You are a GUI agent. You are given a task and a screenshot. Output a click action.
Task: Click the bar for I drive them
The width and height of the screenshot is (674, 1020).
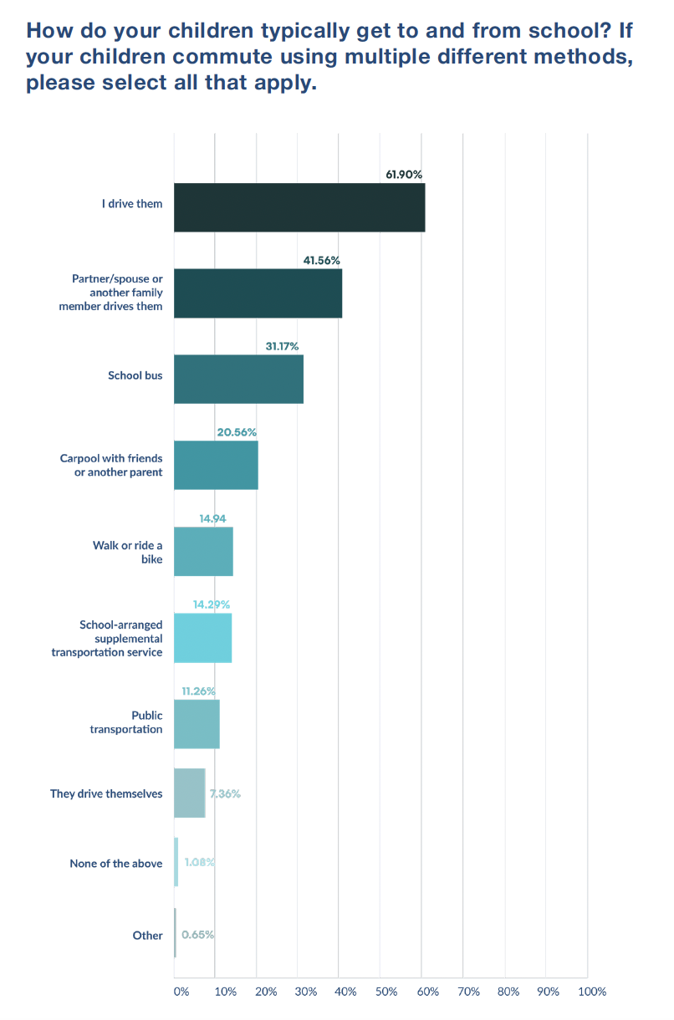pyautogui.click(x=299, y=207)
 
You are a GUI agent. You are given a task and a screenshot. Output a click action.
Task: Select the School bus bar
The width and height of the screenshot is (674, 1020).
pyautogui.click(x=238, y=380)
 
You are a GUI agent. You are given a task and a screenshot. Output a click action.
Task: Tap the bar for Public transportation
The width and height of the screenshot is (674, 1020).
pyautogui.click(x=197, y=724)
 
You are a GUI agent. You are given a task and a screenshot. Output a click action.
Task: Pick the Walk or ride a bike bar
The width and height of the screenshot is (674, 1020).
pyautogui.click(x=203, y=552)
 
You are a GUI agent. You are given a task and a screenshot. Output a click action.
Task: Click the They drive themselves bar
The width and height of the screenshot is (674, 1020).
pyautogui.click(x=189, y=793)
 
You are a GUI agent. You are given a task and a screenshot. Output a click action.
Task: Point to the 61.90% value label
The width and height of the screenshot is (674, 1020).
pyautogui.click(x=404, y=174)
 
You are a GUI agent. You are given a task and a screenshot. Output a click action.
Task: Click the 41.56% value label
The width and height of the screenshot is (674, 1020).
pyautogui.click(x=321, y=260)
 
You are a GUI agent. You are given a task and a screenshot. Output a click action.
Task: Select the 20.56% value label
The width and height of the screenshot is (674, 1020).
pyautogui.click(x=237, y=432)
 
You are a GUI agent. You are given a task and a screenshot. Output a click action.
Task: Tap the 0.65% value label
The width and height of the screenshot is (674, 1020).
pyautogui.click(x=197, y=935)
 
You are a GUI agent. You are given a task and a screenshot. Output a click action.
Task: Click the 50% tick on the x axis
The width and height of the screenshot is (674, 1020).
pyautogui.click(x=386, y=992)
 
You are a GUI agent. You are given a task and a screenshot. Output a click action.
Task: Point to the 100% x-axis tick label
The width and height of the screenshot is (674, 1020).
pyautogui.click(x=591, y=992)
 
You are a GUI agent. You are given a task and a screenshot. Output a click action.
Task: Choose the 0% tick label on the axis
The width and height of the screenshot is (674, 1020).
pyautogui.click(x=181, y=992)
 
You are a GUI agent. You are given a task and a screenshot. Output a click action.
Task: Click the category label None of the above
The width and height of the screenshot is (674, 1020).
pyautogui.click(x=116, y=864)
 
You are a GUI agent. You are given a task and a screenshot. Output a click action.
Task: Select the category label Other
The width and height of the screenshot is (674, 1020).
pyautogui.click(x=147, y=936)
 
